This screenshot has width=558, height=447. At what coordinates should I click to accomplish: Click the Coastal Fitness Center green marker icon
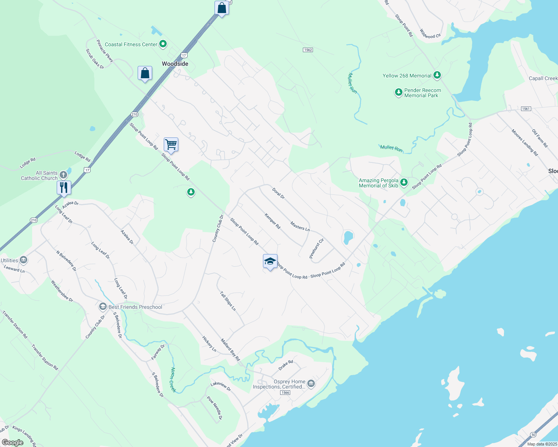tap(163, 44)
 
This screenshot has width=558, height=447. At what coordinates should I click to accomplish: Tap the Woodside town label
tap(175, 64)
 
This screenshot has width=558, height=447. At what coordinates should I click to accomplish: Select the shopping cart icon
tap(171, 144)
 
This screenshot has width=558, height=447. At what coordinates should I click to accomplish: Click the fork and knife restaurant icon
tap(64, 187)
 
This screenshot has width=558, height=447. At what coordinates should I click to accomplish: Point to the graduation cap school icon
tap(270, 261)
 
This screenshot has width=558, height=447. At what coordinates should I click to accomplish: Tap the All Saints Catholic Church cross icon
tap(63, 175)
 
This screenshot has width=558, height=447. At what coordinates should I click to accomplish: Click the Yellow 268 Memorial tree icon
tap(437, 75)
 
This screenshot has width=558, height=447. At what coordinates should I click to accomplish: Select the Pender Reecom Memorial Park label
tap(422, 93)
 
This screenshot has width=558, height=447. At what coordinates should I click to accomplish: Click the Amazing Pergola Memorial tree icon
tap(404, 183)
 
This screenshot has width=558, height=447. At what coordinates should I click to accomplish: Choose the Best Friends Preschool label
tap(135, 307)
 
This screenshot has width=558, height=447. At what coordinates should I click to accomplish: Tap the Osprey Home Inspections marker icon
tap(311, 384)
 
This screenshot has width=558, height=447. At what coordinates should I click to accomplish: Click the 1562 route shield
tap(308, 50)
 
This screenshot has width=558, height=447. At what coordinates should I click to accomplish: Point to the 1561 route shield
tap(526, 109)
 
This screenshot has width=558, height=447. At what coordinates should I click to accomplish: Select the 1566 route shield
tap(285, 393)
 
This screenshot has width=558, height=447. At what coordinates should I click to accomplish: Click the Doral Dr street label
tap(278, 193)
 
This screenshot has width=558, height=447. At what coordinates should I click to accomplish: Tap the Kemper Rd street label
tap(272, 221)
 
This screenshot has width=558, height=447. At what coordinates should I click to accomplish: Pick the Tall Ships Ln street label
tap(228, 301)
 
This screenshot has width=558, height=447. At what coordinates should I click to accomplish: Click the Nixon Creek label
tap(173, 380)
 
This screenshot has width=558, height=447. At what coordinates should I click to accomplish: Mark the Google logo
tap(13, 443)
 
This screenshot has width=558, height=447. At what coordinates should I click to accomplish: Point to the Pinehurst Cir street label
tap(317, 248)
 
